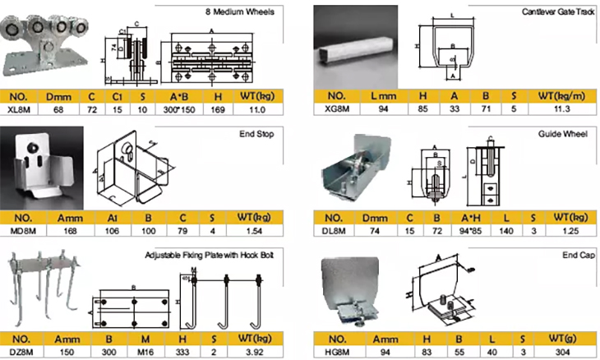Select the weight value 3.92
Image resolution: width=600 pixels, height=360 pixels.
[x=256, y=352]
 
